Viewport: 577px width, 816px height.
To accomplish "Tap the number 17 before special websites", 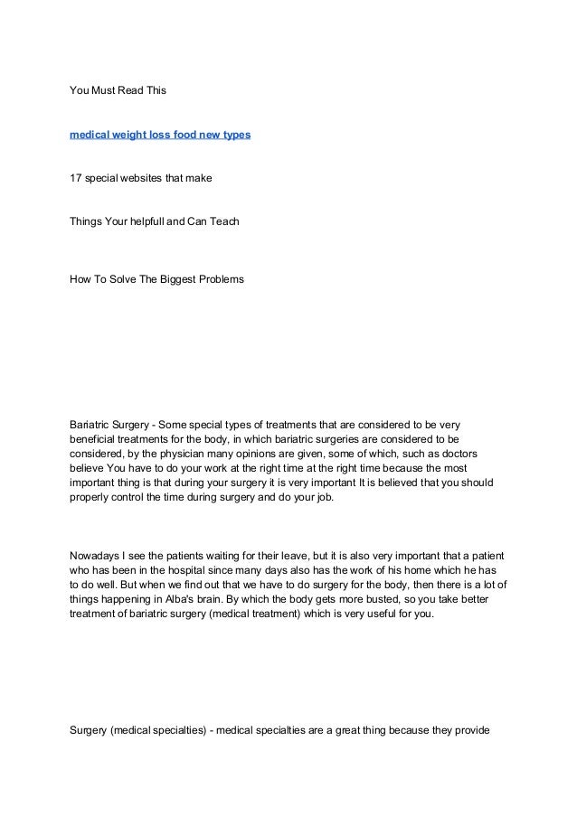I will [x=76, y=178].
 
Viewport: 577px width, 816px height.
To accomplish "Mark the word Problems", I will [x=221, y=279].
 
